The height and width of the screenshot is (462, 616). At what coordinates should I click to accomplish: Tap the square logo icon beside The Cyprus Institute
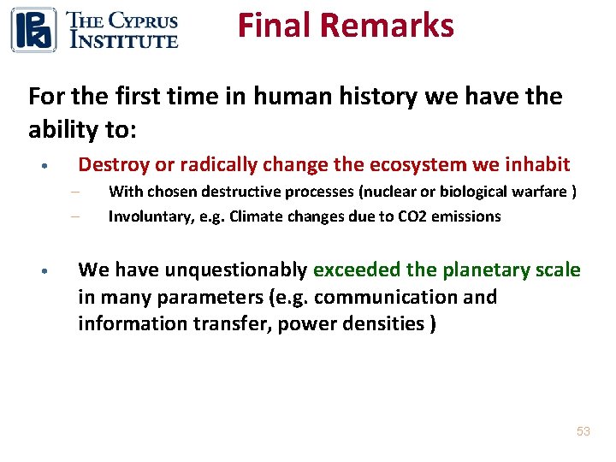pyautogui.click(x=33, y=29)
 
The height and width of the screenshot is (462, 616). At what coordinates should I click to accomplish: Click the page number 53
pyautogui.click(x=583, y=431)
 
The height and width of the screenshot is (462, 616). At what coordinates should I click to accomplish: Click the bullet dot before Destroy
pyautogui.click(x=53, y=165)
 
